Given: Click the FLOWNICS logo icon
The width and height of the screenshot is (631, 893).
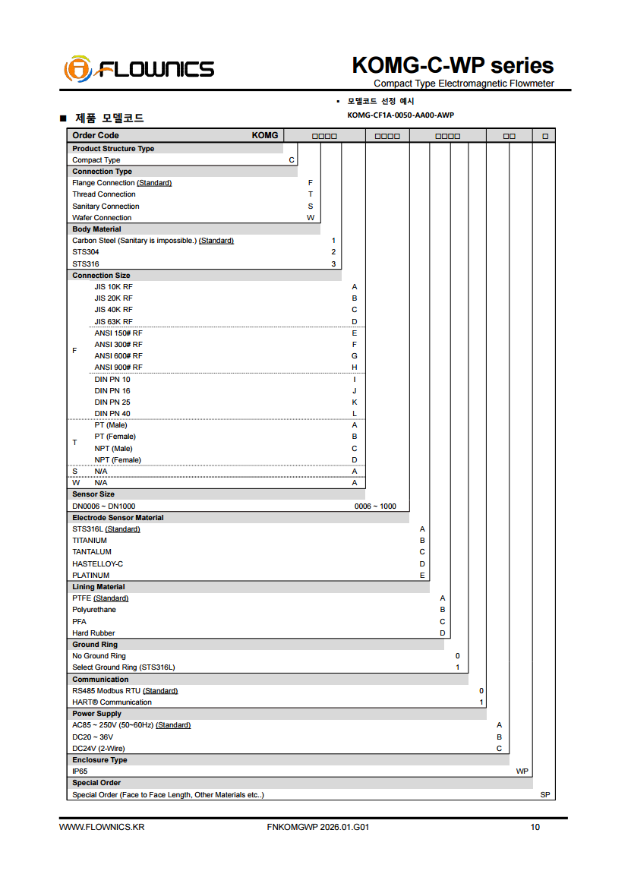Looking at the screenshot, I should pos(78,69).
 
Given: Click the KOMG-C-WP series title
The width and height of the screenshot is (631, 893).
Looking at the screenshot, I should pos(453,65).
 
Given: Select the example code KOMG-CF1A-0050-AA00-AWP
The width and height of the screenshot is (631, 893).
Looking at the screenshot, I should pos(400,115).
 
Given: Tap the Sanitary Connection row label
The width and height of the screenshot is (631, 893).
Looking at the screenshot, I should pos(106,207).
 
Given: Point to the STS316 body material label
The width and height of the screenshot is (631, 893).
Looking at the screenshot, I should pos(86,264).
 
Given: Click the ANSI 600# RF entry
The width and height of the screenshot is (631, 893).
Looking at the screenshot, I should pos(118,356).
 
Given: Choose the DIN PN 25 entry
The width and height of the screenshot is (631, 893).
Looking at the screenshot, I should pos(112,402).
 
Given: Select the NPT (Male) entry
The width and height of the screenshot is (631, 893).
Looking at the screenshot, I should pos(113,449).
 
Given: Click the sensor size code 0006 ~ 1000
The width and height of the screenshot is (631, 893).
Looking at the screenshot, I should pos(375,506).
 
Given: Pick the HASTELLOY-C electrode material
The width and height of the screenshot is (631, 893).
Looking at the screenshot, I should pos(97,564).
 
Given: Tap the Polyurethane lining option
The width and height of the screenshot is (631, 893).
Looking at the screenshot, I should pos(94,610).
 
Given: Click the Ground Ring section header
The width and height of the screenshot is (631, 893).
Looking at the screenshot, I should pos(95,645).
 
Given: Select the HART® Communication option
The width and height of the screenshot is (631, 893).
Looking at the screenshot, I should pos(112,702).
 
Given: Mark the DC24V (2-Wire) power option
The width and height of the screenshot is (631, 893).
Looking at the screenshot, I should pos(99,749).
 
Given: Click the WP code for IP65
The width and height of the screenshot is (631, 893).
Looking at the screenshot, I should pos(522,772).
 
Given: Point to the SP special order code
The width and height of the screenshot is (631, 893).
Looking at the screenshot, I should pos(545,795).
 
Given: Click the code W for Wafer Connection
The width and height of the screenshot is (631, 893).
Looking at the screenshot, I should pos(310,218).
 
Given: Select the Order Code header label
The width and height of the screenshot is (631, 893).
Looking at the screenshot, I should pos(96,136).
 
